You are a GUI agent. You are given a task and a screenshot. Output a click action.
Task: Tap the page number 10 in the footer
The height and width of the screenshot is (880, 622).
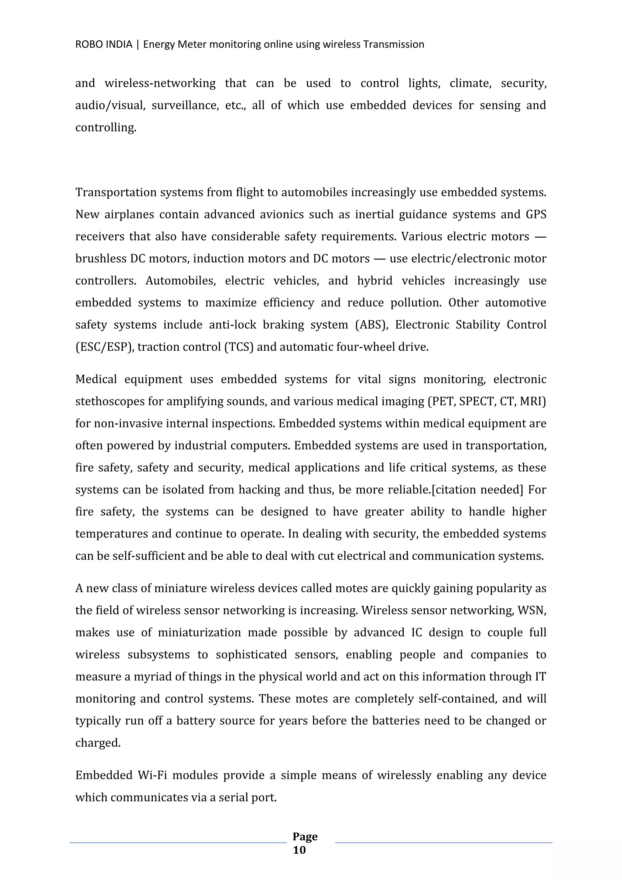coord(299,850)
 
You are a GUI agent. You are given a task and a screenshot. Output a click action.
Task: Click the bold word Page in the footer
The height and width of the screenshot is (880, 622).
coord(305,836)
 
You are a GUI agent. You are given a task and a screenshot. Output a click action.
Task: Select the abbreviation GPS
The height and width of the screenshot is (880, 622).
coord(535,214)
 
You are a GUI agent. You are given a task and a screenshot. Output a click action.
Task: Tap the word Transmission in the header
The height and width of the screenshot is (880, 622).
coord(393,44)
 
